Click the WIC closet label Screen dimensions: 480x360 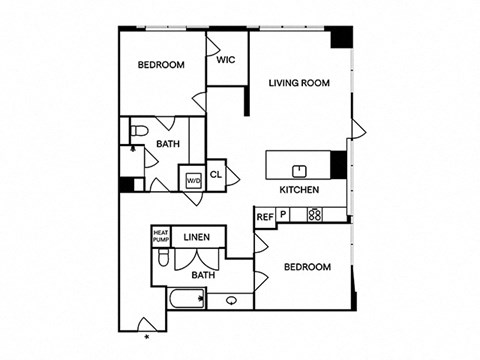[x=226, y=60]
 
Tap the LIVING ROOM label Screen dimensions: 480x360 [x=299, y=83]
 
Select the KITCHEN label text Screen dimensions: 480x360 [x=299, y=190]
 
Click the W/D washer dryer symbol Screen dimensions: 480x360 [x=194, y=181]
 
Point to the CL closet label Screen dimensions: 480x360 [x=216, y=174]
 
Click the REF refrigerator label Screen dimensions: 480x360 [x=265, y=217]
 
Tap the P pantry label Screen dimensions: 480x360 [x=283, y=214]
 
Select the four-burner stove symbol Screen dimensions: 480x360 [x=315, y=214]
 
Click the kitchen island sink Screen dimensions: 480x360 [x=299, y=171]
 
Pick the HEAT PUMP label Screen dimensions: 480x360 [x=161, y=236]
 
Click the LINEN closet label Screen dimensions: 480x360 [x=197, y=237]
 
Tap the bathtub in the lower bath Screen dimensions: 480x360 [x=186, y=299]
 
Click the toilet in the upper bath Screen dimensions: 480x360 [x=139, y=130]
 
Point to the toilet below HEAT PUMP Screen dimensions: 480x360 [x=163, y=257]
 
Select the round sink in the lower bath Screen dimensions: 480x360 [x=231, y=301]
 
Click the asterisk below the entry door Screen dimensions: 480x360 [x=147, y=337]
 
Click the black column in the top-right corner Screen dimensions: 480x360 [x=341, y=37]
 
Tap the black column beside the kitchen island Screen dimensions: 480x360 [x=338, y=165]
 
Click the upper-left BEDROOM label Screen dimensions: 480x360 [x=161, y=64]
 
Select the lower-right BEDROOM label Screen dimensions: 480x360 [x=307, y=267]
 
